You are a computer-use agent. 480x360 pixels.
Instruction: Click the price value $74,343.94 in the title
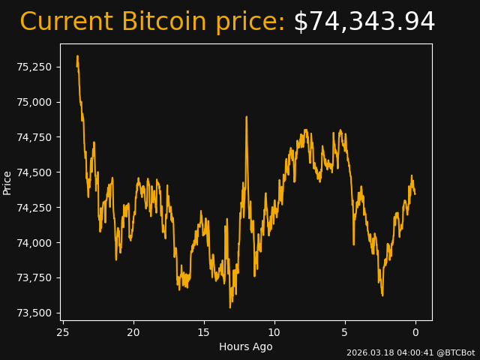tap(364, 22)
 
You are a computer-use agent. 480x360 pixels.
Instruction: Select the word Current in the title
tap(67, 22)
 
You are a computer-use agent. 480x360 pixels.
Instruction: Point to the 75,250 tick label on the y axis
tap(35, 67)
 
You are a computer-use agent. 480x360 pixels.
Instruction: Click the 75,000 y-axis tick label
tap(35, 102)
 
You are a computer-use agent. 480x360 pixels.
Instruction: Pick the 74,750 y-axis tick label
tap(35, 137)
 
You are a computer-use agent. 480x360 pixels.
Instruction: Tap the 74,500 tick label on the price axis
tap(35, 172)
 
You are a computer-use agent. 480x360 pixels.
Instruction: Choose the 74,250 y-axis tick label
tap(35, 208)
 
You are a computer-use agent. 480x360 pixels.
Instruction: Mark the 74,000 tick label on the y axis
tap(35, 243)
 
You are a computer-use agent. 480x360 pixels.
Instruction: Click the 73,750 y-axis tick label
tap(35, 278)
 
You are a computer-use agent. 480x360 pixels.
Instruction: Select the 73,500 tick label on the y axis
tap(35, 313)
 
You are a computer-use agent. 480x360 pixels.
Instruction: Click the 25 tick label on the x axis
tap(63, 332)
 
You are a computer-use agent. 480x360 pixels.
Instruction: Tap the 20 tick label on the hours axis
tap(133, 332)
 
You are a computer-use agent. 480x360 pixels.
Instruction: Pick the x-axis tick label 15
tap(204, 332)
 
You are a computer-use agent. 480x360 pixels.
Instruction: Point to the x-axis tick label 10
tap(274, 332)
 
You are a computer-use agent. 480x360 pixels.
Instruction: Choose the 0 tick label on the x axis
tap(415, 332)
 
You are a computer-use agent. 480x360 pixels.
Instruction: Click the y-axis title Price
tap(7, 182)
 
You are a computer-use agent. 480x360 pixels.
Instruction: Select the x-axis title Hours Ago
tap(246, 346)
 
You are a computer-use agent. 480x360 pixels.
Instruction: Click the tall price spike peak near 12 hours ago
tap(246, 117)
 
